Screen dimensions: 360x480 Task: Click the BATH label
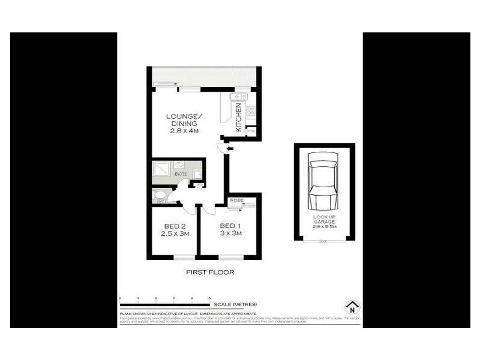point(180,174)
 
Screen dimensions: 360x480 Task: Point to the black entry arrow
point(230,148)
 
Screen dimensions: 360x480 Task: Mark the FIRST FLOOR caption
point(210,272)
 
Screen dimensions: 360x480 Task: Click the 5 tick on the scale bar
point(209,298)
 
